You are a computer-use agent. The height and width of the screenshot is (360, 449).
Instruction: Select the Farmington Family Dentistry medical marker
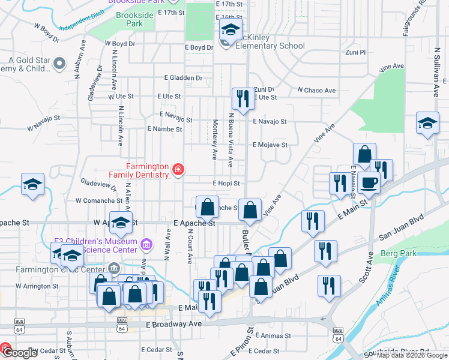point(178,171)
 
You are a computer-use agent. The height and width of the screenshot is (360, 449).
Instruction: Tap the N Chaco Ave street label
point(316,91)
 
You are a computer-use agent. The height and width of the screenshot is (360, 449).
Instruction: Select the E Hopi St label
point(226,184)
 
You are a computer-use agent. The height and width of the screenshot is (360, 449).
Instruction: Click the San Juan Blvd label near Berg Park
point(399,235)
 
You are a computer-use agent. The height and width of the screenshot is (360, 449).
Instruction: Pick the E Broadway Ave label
point(174,324)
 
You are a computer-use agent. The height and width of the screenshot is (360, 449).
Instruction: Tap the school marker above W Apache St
point(121,222)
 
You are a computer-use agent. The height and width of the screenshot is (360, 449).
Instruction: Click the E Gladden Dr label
point(183,77)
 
